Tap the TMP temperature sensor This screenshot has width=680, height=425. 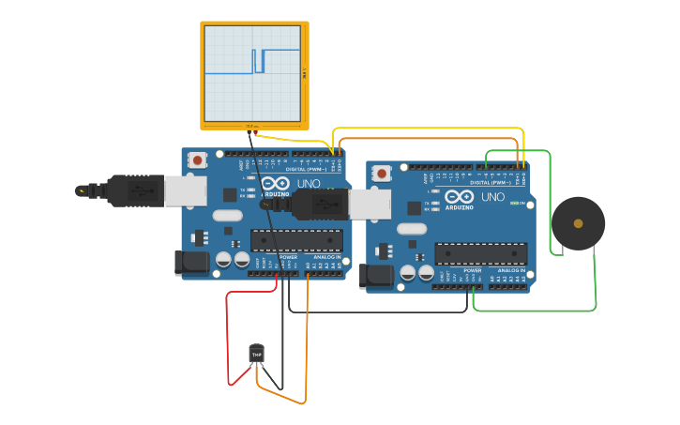(x=256, y=354)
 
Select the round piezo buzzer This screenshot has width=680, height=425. (x=578, y=223)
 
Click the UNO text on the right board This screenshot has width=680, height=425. (x=492, y=197)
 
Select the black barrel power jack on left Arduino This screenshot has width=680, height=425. (x=191, y=263)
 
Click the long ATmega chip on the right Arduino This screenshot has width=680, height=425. (x=480, y=253)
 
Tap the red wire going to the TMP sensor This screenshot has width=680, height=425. (x=228, y=338)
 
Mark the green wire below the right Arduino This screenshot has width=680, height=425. (x=535, y=310)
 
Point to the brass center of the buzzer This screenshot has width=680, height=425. (x=578, y=223)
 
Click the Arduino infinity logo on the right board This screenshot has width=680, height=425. (x=460, y=197)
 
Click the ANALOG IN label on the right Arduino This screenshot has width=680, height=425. (x=511, y=270)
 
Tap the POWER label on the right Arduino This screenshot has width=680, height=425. (x=471, y=270)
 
